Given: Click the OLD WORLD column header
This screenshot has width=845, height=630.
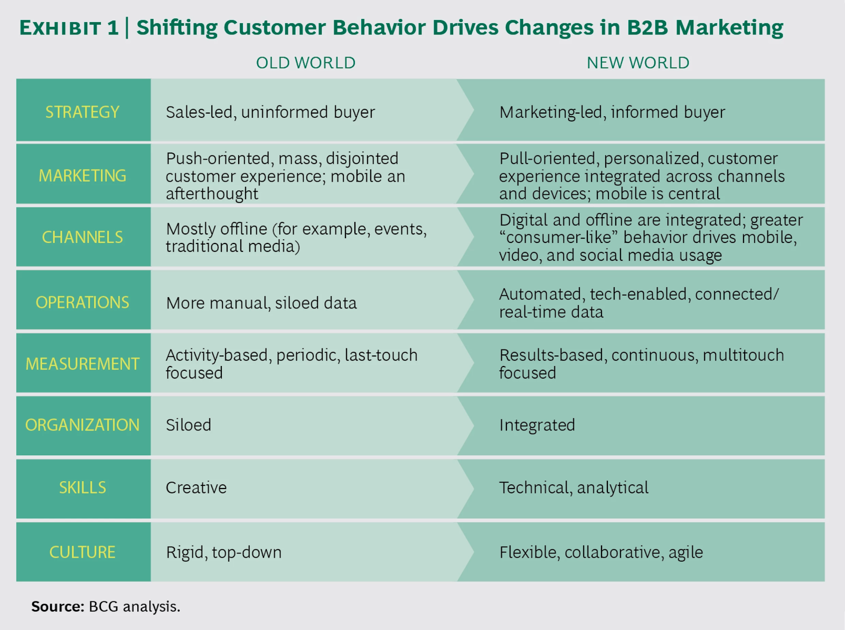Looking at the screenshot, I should pos(305,63).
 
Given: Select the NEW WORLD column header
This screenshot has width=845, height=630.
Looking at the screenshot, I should pos(637,63).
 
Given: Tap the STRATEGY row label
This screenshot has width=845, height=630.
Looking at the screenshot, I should pos(82,112).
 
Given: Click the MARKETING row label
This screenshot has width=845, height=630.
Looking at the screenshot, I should pos(82,175).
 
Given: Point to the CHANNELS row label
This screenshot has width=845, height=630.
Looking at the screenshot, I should pos(82,237).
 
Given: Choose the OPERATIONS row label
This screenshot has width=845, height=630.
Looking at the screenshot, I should pos(82,302).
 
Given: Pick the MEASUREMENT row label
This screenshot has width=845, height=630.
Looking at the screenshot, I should pos(82,364).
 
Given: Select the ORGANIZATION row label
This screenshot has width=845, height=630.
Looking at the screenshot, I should pos(82,425).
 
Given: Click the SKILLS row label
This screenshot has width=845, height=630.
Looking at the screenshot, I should pos(82,487).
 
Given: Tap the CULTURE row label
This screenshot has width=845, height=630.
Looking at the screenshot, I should pos(82,552).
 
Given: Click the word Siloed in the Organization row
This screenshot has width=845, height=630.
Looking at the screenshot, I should pos(189,425).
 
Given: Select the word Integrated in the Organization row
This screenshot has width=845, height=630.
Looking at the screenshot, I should pos(537,425).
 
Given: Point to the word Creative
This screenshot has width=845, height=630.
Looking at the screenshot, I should pos(196,487).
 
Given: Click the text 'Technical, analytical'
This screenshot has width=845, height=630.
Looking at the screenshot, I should pos(574,487).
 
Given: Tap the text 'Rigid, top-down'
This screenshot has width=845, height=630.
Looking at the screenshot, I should pos(223,552).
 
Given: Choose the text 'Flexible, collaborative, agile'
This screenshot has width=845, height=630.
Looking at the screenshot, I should pos(601,552).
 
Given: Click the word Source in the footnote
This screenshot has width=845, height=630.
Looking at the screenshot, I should pos(57,606).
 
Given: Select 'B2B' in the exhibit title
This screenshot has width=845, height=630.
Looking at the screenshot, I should pos(647,27).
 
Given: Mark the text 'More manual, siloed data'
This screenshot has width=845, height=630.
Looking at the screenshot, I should pos(261,303).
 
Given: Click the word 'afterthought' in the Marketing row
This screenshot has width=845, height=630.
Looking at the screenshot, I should pos(212,194).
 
